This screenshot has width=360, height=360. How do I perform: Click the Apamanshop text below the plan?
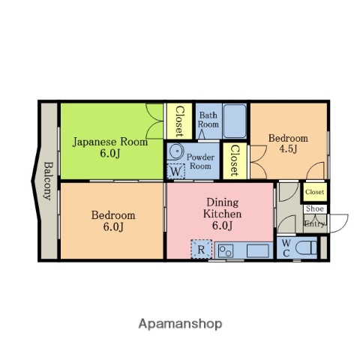coord(180,324)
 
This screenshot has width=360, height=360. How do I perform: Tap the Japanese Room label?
coord(110,142)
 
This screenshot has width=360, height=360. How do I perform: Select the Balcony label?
coord(49,181)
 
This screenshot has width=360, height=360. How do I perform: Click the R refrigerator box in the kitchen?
coord(202,250)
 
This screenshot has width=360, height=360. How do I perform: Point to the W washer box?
coord(176,172)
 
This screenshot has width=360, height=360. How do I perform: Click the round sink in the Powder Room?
coord(176,151)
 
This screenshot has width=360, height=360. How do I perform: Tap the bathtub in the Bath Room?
coord(235,121)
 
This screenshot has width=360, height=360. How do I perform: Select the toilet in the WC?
coord(306,248)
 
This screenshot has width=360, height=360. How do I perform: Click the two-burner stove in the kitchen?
coord(226,250)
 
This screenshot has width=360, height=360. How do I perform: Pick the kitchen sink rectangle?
coord(258,250)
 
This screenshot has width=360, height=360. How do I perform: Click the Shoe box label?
coord(315,208)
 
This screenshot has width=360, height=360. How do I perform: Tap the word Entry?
coord(315,223)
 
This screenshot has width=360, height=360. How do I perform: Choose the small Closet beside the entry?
coord(315,192)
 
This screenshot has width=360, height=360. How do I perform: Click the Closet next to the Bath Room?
coord(179,121)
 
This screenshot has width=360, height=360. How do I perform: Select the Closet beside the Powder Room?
coord(235,161)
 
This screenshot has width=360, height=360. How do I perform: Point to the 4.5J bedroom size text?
coord(288,149)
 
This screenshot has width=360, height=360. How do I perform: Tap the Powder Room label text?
coord(200,161)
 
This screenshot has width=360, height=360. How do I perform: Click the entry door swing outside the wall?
coord(339,223)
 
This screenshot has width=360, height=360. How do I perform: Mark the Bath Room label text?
coord(208,120)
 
